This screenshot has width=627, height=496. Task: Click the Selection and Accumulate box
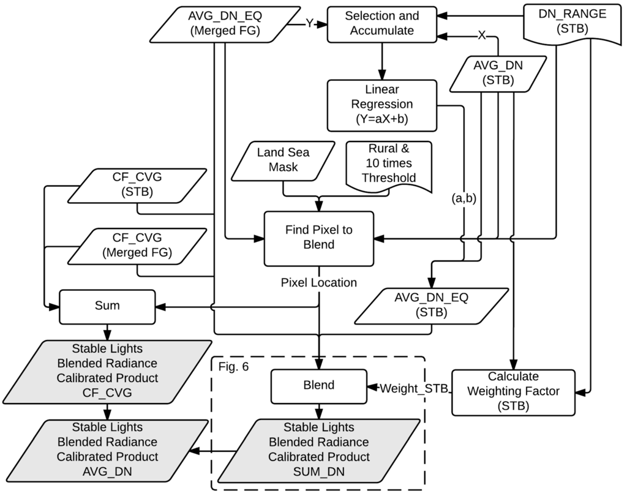[x=382, y=24]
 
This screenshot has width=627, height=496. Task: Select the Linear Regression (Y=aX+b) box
[x=382, y=105]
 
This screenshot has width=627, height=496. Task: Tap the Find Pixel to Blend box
[x=318, y=238]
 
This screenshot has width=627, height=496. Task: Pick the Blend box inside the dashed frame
[x=318, y=385]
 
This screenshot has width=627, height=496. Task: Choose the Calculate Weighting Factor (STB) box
[x=514, y=391]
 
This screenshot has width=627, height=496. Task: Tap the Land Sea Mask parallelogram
[x=283, y=159]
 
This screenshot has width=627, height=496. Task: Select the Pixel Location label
[x=318, y=282]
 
